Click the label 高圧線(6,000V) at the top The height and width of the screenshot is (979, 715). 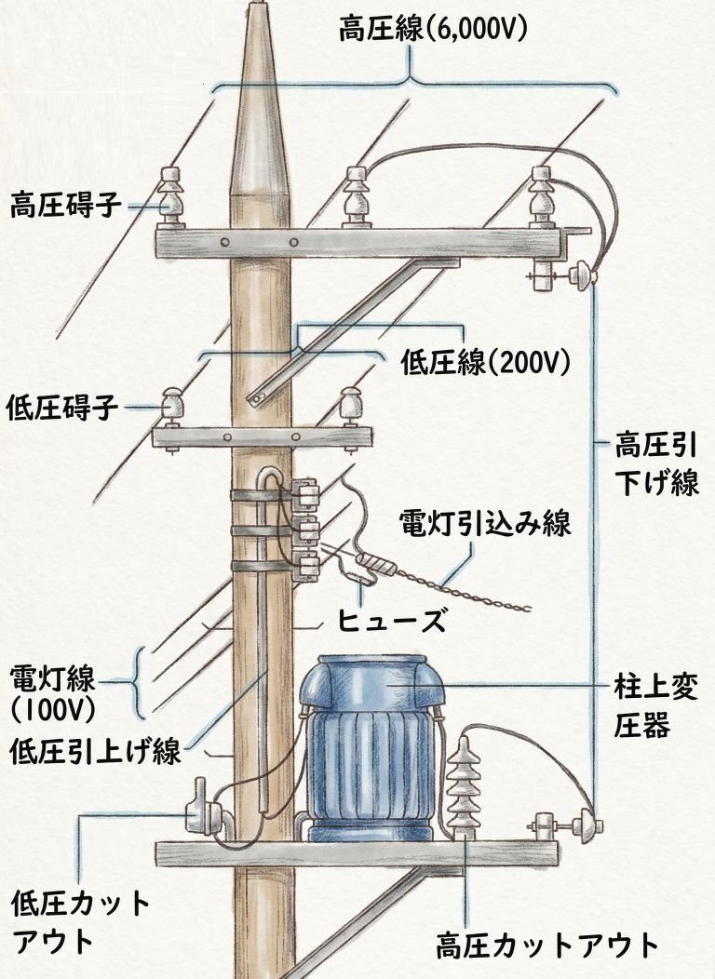pyautogui.click(x=433, y=28)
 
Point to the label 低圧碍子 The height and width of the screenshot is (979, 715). pyautogui.click(x=61, y=407)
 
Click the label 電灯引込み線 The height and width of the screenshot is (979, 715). pyautogui.click(x=485, y=523)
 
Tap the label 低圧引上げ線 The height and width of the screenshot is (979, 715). pyautogui.click(x=96, y=750)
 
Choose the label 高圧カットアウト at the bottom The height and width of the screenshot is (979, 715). pyautogui.click(x=547, y=945)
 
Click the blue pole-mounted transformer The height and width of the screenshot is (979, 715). pyautogui.click(x=371, y=748)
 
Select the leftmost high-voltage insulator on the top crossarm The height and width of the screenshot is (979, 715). pyautogui.click(x=169, y=197)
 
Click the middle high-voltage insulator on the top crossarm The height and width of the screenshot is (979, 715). pyautogui.click(x=357, y=197)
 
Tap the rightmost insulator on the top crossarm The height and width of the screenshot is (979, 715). pyautogui.click(x=542, y=197)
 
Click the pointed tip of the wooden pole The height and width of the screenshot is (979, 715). pyautogui.click(x=256, y=3)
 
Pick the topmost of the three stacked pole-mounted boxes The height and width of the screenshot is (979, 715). pyautogui.click(x=305, y=492)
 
